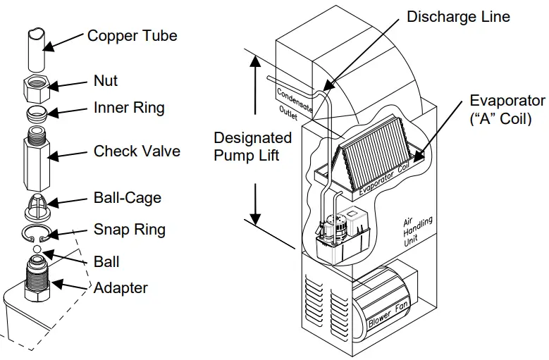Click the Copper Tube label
pos(132,35)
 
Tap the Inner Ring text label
pos(129,108)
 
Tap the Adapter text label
pos(121,287)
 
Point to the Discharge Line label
pos(458,15)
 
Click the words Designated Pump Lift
pos(252,146)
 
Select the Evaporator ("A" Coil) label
pos(507,109)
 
